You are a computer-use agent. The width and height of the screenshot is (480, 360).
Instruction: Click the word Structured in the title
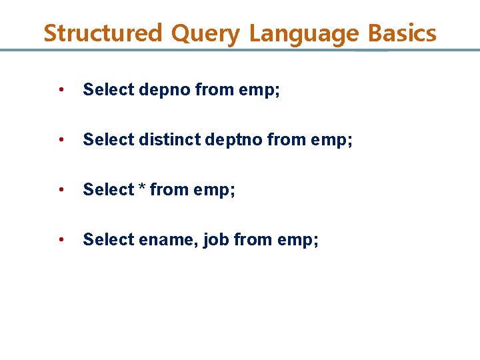[103, 33]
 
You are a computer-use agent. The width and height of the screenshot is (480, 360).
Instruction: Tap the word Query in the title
[205, 33]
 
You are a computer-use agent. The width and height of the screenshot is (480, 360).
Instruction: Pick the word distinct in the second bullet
[166, 140]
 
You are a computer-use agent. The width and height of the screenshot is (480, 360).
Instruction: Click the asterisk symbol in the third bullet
[142, 189]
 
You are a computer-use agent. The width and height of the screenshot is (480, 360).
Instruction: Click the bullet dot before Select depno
[61, 90]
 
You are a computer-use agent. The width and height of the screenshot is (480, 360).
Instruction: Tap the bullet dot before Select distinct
[61, 140]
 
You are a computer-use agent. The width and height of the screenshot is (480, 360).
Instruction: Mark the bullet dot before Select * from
[61, 190]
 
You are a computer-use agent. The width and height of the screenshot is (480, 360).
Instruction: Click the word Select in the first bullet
[109, 90]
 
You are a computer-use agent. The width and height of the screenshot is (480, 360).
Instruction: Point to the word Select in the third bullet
[109, 190]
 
